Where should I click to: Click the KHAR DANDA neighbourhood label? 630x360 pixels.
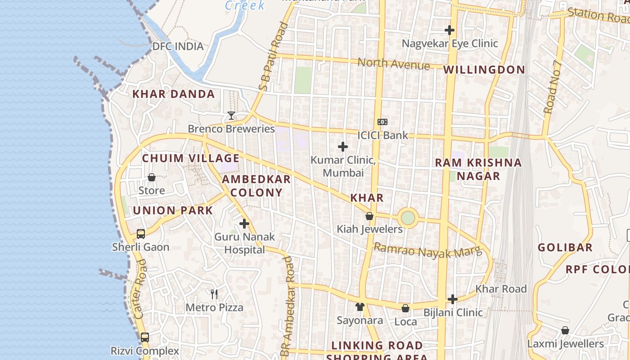click(x=173, y=94)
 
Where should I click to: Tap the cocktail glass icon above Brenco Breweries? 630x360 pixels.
click(x=231, y=116)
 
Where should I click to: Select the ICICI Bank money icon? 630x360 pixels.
click(x=382, y=122)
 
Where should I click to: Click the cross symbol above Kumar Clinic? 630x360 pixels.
click(x=343, y=147)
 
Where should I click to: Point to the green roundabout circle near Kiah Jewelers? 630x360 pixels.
click(x=408, y=218)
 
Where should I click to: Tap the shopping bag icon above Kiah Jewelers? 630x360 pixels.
click(x=369, y=216)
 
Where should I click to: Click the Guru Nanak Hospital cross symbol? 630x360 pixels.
click(x=244, y=223)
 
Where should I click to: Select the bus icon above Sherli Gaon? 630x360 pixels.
click(x=141, y=234)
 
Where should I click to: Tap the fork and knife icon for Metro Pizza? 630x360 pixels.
click(x=214, y=294)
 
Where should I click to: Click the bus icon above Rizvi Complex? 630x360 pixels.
click(x=145, y=337)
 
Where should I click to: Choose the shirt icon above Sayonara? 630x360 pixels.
click(x=360, y=307)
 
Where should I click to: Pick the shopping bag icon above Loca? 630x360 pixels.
click(x=405, y=308)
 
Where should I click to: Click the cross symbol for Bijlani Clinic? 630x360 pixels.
click(x=453, y=299)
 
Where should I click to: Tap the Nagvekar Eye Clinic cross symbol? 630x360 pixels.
click(x=450, y=30)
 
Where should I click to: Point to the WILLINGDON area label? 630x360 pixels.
click(x=484, y=70)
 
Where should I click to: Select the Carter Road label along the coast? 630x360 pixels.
click(x=141, y=289)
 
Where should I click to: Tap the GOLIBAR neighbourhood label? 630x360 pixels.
click(x=565, y=247)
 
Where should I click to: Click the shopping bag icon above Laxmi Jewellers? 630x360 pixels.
click(x=565, y=330)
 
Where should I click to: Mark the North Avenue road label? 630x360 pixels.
click(x=394, y=64)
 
